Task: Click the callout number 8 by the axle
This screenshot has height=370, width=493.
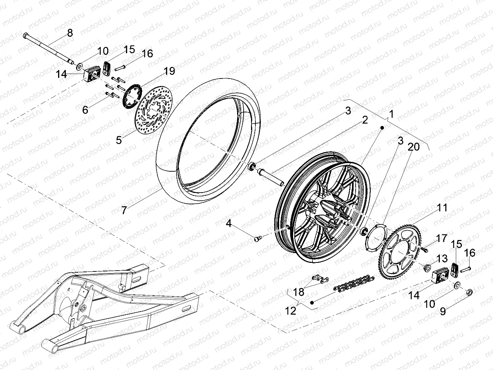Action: click(x=70, y=33)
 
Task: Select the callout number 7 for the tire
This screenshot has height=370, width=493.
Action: click(x=124, y=210)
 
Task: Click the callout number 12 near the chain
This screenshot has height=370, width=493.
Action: click(x=291, y=311)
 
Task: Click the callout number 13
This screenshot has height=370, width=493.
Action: click(x=442, y=259)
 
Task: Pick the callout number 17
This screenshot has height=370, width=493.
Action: click(x=441, y=238)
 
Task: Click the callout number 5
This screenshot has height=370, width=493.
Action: click(x=119, y=140)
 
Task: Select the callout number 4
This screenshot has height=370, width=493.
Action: click(x=229, y=223)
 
